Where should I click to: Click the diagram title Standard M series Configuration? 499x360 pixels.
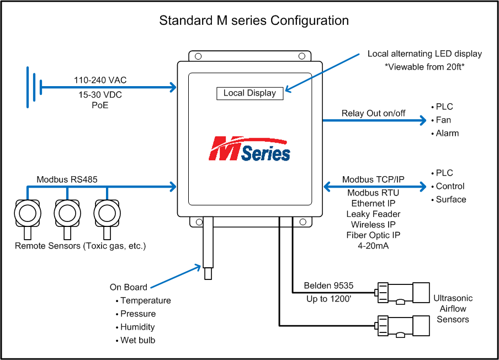coord(254,21)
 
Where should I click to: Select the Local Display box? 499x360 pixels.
coord(250,93)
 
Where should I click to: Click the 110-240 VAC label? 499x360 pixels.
coord(100,80)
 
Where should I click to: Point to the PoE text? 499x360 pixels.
coord(100,105)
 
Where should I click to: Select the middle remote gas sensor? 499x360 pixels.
coord(67,213)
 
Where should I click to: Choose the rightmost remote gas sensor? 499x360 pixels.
coord(107,213)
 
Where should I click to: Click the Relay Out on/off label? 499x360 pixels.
coord(373,113)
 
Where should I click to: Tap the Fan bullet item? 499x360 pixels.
coord(443,120)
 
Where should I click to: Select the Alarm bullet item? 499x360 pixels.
coord(447,133)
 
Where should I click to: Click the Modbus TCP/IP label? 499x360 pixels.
coord(373,179)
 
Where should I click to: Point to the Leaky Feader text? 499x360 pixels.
coord(373,214)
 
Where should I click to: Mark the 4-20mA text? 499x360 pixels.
coord(373,246)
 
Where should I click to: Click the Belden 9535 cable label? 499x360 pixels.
coord(329,285)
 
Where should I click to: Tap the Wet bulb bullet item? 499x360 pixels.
coord(137,340)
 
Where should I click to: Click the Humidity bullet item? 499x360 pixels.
coord(137,327)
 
